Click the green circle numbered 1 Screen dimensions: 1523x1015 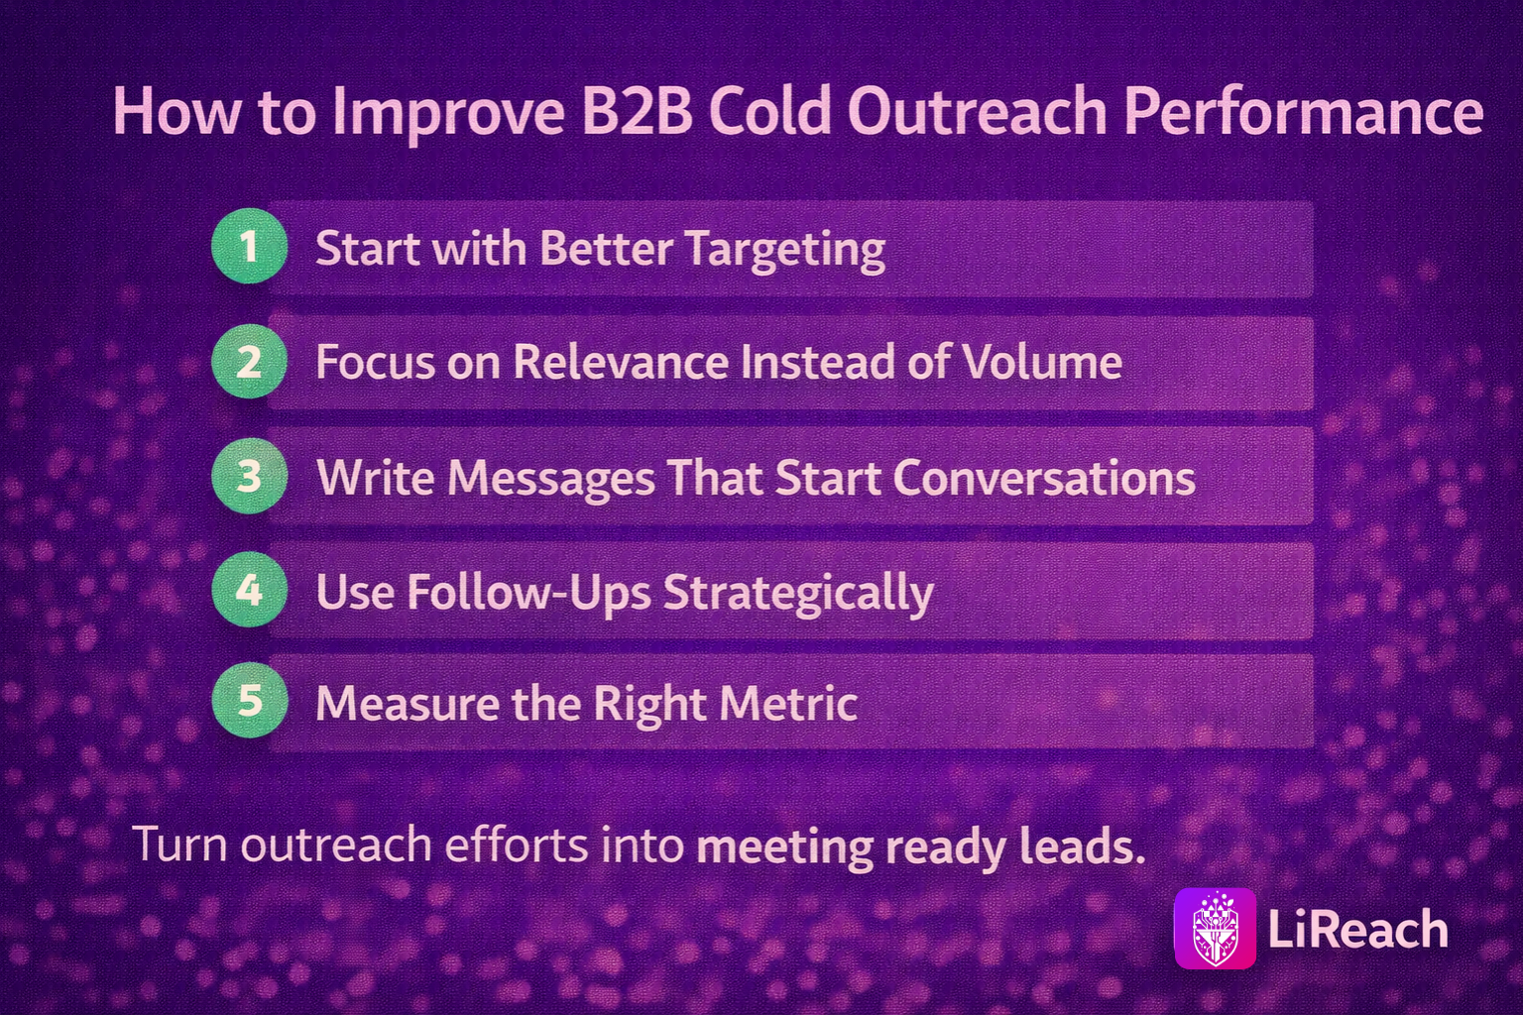[x=249, y=246]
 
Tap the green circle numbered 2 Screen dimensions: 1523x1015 [x=249, y=361]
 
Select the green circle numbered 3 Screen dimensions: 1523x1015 [x=249, y=475]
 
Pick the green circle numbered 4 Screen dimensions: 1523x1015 [x=249, y=590]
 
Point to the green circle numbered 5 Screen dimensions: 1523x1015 [x=249, y=700]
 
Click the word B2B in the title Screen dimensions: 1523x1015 [x=638, y=111]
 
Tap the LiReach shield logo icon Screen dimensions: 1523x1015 [x=1216, y=929]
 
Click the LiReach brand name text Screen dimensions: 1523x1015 [x=1358, y=930]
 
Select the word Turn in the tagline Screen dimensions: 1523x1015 [x=180, y=846]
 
